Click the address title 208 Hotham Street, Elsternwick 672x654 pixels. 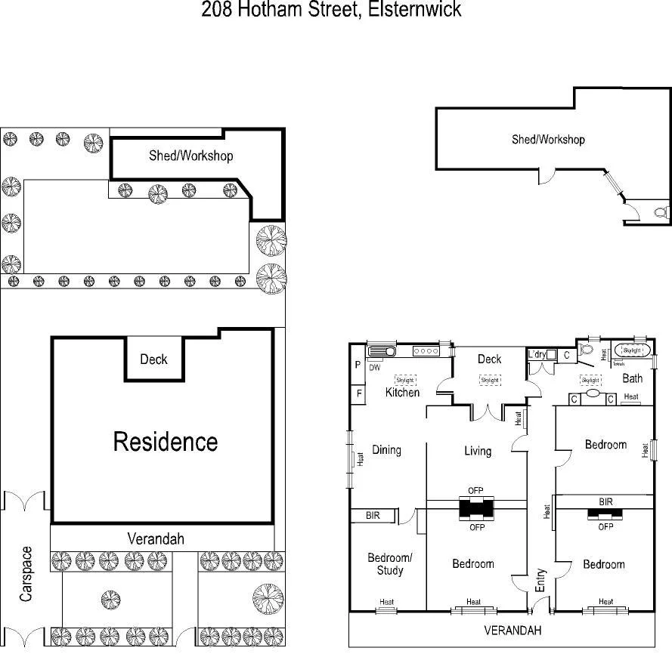[331, 10]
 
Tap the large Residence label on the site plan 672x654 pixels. [166, 442]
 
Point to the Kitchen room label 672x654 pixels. [402, 392]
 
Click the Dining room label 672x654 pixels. [386, 450]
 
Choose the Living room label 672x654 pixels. [477, 451]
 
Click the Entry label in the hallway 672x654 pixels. [540, 580]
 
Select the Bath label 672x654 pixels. [632, 378]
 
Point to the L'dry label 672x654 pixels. [537, 353]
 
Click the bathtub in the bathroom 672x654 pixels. [631, 350]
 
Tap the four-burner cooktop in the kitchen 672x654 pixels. [426, 351]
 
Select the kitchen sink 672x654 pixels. [381, 351]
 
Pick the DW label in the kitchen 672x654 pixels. [375, 368]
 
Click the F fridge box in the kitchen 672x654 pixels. [358, 393]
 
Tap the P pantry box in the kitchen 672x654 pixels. [358, 365]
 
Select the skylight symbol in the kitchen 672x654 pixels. [406, 379]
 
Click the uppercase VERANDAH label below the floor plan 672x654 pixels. [514, 630]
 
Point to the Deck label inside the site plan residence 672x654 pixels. [153, 359]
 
